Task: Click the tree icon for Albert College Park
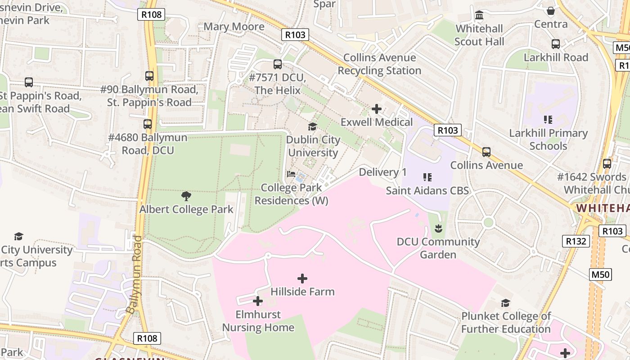[x=186, y=196]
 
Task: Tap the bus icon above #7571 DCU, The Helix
[x=278, y=64]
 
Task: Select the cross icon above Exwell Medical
[x=377, y=109]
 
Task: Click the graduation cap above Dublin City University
[x=312, y=127]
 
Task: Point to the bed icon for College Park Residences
[x=291, y=174]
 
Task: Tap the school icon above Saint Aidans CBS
[x=427, y=177]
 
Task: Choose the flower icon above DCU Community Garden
[x=438, y=229]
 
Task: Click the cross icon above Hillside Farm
[x=302, y=279]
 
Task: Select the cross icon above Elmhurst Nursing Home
[x=258, y=301]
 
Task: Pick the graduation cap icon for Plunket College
[x=506, y=303]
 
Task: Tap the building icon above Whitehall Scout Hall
[x=479, y=16]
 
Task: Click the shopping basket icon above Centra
[x=551, y=11]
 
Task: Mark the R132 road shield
[x=576, y=241]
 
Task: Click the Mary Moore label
[x=234, y=27]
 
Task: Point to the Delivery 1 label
[x=382, y=172]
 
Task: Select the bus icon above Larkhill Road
[x=556, y=44]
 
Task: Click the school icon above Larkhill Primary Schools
[x=548, y=120]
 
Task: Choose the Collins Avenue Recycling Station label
[x=379, y=64]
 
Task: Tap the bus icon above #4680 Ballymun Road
[x=148, y=124]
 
